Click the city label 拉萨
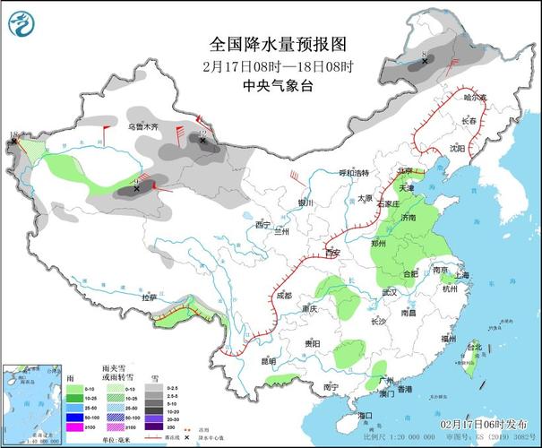pyautogui.click(x=149, y=297)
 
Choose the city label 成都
pyautogui.click(x=283, y=295)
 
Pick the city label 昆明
pyautogui.click(x=268, y=360)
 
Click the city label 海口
pyautogui.click(x=365, y=417)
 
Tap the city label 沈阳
pyautogui.click(x=458, y=149)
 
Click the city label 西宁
pyautogui.click(x=262, y=224)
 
